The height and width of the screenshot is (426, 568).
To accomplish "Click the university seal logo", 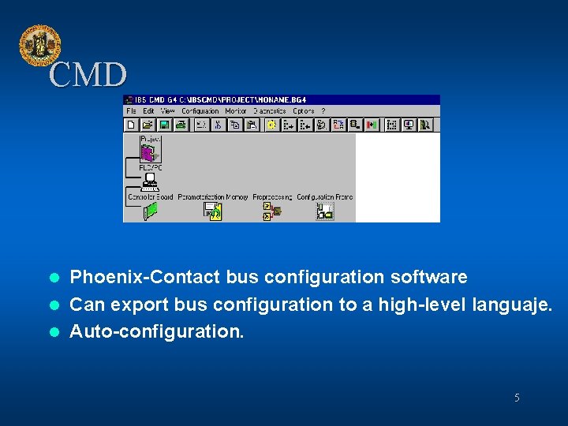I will point(39,45).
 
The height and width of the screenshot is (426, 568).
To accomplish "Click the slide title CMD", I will point(87,76).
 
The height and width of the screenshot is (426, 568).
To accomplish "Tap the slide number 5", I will point(517,398).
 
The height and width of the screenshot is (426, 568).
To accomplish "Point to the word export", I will point(141,305).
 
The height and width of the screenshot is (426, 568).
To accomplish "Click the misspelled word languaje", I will point(513,305).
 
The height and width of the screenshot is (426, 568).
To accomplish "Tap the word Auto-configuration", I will point(157,331).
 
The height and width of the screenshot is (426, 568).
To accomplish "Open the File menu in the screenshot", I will point(131,111).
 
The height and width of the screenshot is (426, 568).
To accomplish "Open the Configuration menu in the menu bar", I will point(200,111).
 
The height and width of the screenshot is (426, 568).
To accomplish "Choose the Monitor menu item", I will point(236,111).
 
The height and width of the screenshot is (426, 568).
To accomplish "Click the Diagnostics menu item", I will point(270,111).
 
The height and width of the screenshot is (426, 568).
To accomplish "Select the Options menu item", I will point(304,111).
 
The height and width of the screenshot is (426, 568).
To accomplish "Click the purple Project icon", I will point(148,152).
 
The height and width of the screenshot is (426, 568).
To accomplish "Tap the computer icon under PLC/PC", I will point(149,183).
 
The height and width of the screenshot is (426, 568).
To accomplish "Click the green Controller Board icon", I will point(150,211).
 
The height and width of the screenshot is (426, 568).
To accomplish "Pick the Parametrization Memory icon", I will point(212,211).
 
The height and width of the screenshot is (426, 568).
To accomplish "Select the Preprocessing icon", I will point(272,211).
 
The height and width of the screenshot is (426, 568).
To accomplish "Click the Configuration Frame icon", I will point(324,211).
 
